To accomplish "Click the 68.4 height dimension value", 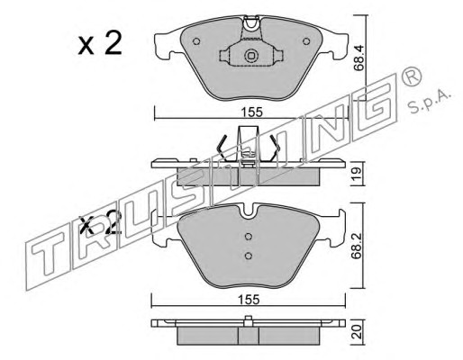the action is coord(359,58).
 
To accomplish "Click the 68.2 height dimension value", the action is coord(357,246).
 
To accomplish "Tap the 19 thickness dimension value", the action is coord(357,174).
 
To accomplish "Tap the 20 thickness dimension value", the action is coord(357,333).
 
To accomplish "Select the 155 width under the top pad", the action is coord(251,112).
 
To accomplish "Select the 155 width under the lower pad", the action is coord(249,300).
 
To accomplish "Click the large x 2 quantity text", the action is coord(100,43).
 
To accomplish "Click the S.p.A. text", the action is coord(430,102).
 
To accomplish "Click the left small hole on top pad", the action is coord(196,41).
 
